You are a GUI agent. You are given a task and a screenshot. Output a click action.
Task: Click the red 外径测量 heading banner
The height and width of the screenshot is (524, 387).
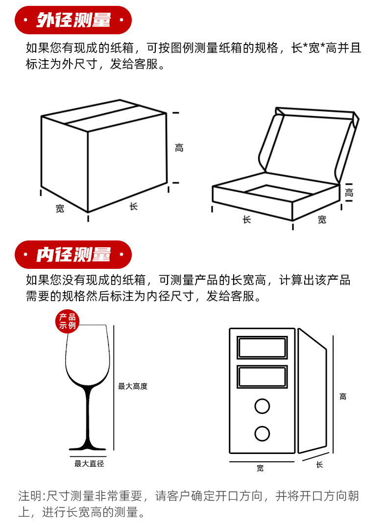(x=73, y=20)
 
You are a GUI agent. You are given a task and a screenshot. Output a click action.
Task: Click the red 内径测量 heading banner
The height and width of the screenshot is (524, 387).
(x=73, y=254)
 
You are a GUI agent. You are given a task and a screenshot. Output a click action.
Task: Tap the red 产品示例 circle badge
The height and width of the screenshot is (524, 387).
(x=68, y=321)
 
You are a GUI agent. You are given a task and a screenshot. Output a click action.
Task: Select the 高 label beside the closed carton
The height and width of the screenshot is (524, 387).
(x=179, y=148)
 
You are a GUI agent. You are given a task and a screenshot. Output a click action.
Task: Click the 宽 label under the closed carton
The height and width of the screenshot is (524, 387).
(x=60, y=209)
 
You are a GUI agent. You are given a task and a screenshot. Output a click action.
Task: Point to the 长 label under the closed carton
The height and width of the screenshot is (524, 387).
(x=134, y=207)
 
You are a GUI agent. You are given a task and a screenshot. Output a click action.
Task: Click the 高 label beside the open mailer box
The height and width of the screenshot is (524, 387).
(x=349, y=192)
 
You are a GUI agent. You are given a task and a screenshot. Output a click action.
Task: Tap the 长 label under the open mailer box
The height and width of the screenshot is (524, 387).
(x=246, y=219)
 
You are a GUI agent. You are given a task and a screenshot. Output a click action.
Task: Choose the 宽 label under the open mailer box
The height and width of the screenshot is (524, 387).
(x=322, y=219)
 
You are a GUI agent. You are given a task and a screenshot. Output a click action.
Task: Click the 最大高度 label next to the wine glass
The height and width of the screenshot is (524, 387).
(x=133, y=386)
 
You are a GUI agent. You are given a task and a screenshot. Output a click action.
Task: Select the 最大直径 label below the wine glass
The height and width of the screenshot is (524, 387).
(x=89, y=463)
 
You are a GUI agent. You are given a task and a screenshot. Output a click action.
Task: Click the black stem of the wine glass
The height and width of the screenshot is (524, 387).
(x=88, y=414)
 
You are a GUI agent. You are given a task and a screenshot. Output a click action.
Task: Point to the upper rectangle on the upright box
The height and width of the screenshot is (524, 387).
(x=262, y=348)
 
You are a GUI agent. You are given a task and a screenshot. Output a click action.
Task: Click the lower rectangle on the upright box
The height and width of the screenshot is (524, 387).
(x=262, y=377)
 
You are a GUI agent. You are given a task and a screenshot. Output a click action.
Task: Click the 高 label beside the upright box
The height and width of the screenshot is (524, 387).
(x=343, y=397)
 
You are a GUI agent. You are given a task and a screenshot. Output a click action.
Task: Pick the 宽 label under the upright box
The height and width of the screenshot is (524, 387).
(x=260, y=468)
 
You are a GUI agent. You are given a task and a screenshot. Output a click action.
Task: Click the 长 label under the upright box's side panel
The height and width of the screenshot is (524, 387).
(x=319, y=465)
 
